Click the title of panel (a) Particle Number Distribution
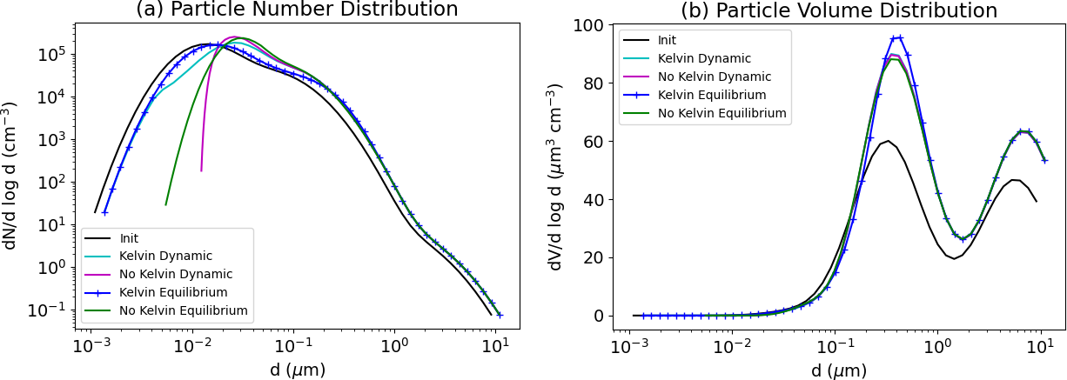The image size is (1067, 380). pyautogui.click(x=297, y=10)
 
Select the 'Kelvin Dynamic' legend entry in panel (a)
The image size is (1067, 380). pyautogui.click(x=166, y=256)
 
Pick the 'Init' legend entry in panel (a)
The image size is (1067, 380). pyautogui.click(x=130, y=237)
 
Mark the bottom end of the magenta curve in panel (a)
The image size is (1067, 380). pyautogui.click(x=201, y=170)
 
